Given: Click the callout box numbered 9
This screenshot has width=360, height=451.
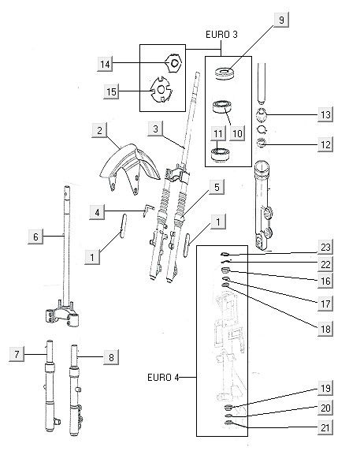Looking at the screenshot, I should (279, 21).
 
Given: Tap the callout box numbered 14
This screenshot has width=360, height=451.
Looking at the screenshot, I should (106, 63).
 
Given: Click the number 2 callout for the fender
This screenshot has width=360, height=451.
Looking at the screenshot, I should (100, 130).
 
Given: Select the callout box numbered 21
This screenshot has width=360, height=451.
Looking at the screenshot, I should (325, 428).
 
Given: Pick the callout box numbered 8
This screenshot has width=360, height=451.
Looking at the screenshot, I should (112, 357).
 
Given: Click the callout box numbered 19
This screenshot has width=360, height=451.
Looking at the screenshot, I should (325, 389).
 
